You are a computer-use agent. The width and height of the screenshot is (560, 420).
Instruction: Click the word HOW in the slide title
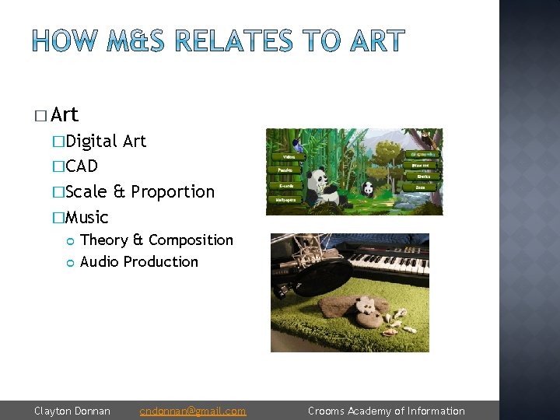click(65, 41)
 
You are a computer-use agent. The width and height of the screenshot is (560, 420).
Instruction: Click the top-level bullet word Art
click(65, 115)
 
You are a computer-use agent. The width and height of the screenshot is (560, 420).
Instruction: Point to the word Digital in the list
click(92, 141)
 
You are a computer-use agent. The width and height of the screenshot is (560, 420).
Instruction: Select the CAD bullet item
click(82, 166)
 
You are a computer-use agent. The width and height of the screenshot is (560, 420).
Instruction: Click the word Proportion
click(173, 191)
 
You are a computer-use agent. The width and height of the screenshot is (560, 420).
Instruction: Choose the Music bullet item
click(87, 217)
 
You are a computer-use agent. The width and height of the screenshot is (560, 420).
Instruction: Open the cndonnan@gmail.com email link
click(193, 411)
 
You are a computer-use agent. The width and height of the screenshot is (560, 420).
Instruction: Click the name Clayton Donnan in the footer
click(72, 411)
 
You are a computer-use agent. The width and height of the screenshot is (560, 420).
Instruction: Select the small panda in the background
click(367, 188)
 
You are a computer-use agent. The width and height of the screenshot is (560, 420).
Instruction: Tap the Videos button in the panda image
click(287, 156)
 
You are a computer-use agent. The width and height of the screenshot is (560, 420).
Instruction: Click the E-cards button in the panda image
click(285, 186)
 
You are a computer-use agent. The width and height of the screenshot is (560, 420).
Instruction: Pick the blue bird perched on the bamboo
click(297, 145)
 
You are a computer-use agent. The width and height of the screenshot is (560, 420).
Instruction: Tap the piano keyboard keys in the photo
click(389, 261)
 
